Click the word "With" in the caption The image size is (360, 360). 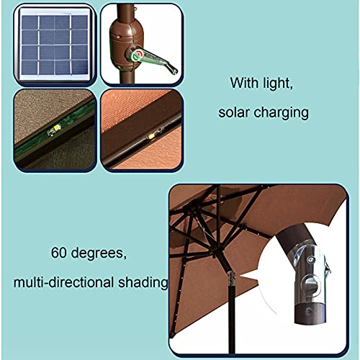tap(244, 83)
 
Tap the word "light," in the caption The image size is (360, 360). tap(278, 84)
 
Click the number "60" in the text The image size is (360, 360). tap(59, 253)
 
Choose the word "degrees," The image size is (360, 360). tap(99, 253)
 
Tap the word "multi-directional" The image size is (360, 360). tap(63, 282)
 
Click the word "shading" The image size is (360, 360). tap(143, 283)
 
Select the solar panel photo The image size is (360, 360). tap(55, 45)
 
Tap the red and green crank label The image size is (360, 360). tap(138, 55)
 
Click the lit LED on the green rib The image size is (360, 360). tap(57, 128)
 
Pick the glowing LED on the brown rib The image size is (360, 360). tap(151, 136)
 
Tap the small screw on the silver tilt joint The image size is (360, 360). tap(310, 259)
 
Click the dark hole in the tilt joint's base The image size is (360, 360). tap(308, 312)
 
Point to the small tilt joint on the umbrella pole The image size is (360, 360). tap(231, 279)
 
